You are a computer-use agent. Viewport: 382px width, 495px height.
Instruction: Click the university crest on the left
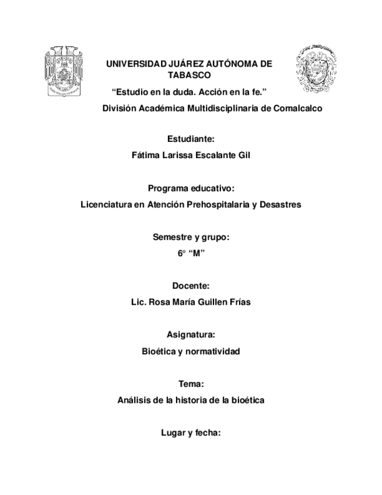point(64,72)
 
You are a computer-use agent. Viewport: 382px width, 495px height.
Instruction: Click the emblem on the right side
point(316,69)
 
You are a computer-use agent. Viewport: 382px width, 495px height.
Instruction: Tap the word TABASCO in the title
point(190,75)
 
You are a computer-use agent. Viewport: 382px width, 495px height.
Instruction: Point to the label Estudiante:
point(191,139)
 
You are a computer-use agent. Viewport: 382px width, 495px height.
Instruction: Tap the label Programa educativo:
point(191,189)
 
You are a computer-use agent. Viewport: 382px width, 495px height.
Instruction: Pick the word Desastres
point(280,205)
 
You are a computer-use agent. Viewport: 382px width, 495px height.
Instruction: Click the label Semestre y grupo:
point(191,237)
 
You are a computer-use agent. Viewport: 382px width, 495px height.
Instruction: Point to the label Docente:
point(191,286)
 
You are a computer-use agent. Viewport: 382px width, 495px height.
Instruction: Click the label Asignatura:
point(191,335)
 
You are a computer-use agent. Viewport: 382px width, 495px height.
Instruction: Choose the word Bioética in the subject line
point(159,351)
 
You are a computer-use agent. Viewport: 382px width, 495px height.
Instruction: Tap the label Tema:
point(191,384)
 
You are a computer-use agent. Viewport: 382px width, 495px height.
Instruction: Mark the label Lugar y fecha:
point(191,433)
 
